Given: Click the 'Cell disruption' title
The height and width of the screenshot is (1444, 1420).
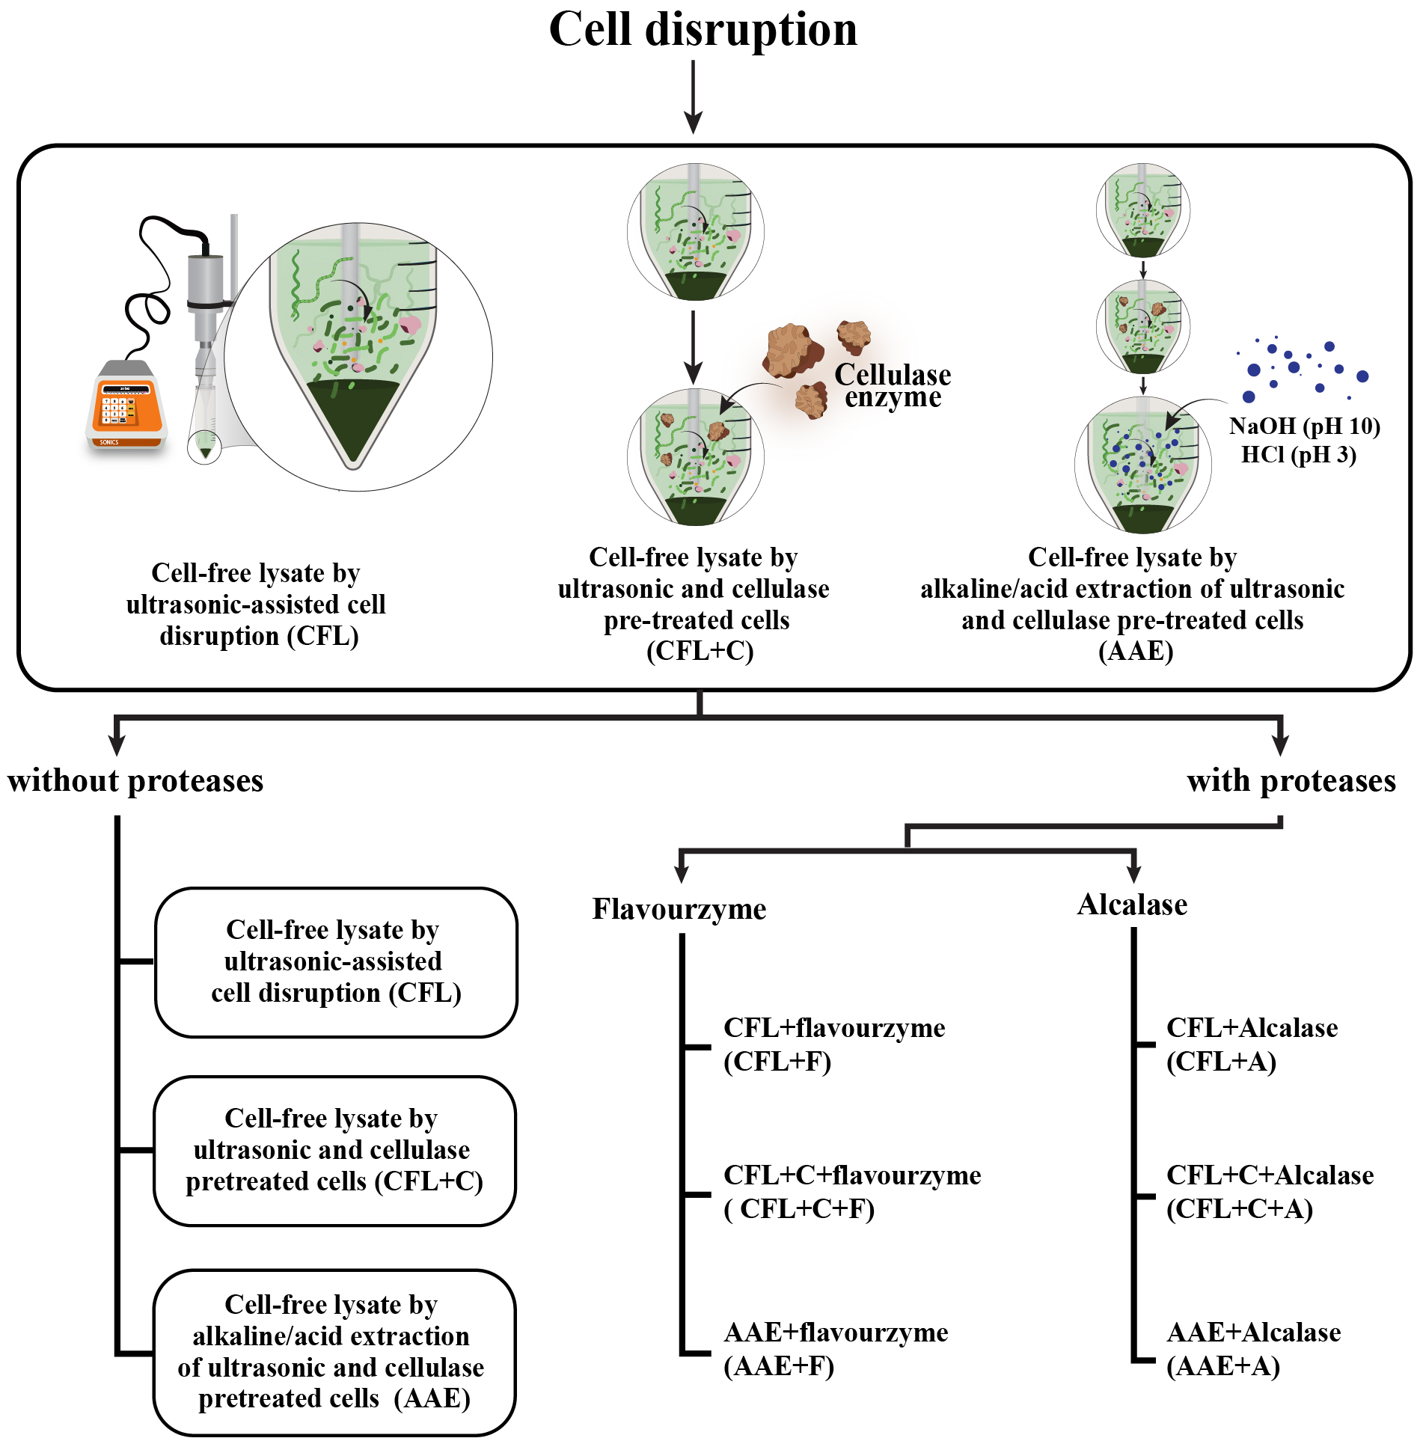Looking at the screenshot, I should pyautogui.click(x=703, y=30).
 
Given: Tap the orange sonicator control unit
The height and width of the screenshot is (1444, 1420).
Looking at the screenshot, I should pyautogui.click(x=126, y=409).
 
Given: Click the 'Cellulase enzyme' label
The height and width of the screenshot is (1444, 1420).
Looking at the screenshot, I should pyautogui.click(x=893, y=385).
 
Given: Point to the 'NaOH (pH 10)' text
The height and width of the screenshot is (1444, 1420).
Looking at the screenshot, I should pyautogui.click(x=1304, y=426).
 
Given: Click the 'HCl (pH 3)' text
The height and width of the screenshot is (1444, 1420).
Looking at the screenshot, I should pyautogui.click(x=1298, y=454).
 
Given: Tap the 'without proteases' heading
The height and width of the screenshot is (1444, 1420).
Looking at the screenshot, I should pyautogui.click(x=135, y=781).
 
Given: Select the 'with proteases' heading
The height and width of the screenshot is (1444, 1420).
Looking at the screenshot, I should pyautogui.click(x=1291, y=781).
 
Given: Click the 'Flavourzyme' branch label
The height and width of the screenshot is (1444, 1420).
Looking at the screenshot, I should pyautogui.click(x=679, y=909).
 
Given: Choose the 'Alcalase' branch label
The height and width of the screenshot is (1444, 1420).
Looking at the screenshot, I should pyautogui.click(x=1132, y=905).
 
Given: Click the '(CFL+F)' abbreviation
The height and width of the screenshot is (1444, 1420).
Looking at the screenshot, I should pyautogui.click(x=777, y=1061).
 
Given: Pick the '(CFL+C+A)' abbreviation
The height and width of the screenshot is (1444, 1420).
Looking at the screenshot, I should pyautogui.click(x=1239, y=1208).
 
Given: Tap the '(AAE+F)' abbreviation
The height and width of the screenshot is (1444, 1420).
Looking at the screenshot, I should pyautogui.click(x=778, y=1365).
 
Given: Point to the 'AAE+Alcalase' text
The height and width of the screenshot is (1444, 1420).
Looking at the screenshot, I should pyautogui.click(x=1253, y=1332).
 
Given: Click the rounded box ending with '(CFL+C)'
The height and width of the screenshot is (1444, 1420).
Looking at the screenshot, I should pyautogui.click(x=334, y=1150).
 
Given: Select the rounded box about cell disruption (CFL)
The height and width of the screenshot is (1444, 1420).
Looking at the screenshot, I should pyautogui.click(x=336, y=961).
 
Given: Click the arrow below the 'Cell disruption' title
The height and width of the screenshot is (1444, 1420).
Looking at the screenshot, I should pyautogui.click(x=694, y=97).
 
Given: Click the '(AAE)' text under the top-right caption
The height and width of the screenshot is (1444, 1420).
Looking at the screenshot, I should pyautogui.click(x=1135, y=651).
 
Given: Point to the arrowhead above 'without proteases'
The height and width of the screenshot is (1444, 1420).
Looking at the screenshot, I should pyautogui.click(x=117, y=744).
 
